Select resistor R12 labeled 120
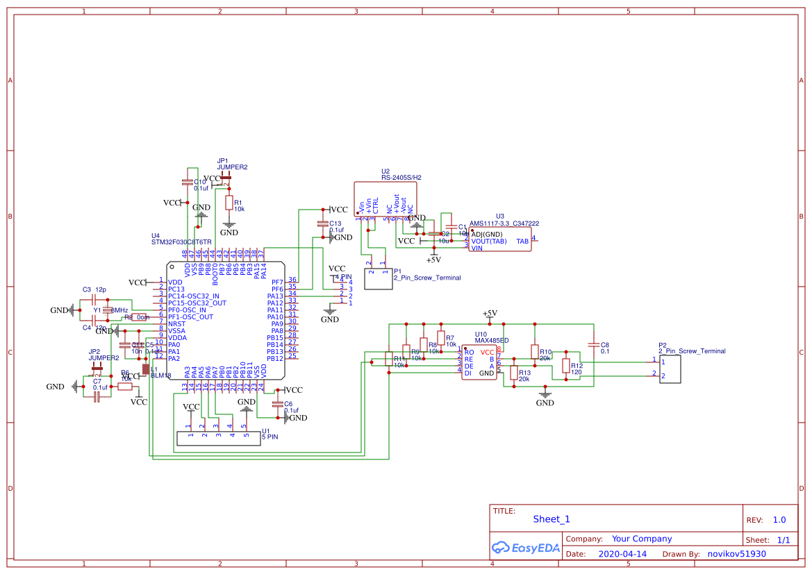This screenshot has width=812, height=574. (x=565, y=366)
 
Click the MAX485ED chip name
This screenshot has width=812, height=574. (x=491, y=341)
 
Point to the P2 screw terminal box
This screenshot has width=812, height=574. (x=670, y=369)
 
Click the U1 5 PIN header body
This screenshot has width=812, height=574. (x=218, y=438)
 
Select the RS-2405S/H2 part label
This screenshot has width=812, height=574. (x=401, y=178)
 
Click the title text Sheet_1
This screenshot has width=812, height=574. (x=552, y=519)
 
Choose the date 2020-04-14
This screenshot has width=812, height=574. (x=622, y=554)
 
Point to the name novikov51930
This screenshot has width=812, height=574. (x=736, y=554)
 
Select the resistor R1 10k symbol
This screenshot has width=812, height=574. (x=229, y=203)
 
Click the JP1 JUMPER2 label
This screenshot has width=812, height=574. (x=232, y=167)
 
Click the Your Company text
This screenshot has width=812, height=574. (x=641, y=539)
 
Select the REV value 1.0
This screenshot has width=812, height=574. (x=779, y=520)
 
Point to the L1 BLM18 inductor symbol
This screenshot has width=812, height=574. (x=146, y=369)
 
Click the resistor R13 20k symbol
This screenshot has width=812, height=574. (x=513, y=373)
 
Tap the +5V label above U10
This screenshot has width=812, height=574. (x=490, y=314)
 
